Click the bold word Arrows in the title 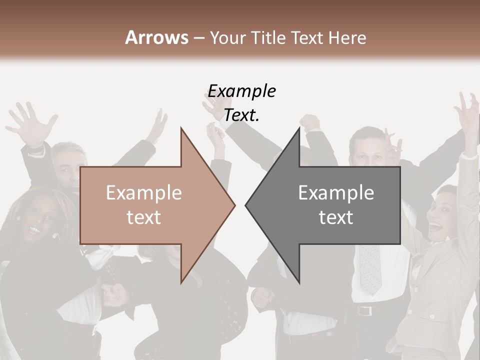(156, 37)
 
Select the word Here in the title (347, 38)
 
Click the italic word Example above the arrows (242, 91)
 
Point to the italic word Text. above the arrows (241, 115)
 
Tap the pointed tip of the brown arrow (233, 205)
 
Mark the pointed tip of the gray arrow (247, 205)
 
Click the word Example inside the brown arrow (144, 193)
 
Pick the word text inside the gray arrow (336, 217)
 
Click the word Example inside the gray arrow (336, 193)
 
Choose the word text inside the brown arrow (144, 217)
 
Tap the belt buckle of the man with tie (364, 310)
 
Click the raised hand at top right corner (468, 112)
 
